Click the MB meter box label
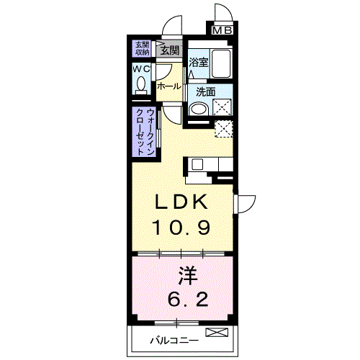tap(222, 30)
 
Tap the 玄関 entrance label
tap(170, 50)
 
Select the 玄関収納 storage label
tap(142, 48)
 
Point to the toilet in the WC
tap(141, 86)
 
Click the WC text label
tap(141, 69)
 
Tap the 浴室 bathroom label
tap(198, 62)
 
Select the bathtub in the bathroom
tap(221, 63)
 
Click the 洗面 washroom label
tap(205, 92)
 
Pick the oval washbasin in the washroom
tap(199, 109)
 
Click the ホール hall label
tap(169, 86)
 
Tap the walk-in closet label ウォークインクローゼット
tap(145, 132)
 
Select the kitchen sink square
tap(197, 165)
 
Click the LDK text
tap(181, 202)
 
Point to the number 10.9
tap(181, 228)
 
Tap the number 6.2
tap(188, 298)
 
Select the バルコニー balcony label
tap(174, 341)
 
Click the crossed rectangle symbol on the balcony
tap(217, 333)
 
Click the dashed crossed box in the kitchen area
tap(224, 129)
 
